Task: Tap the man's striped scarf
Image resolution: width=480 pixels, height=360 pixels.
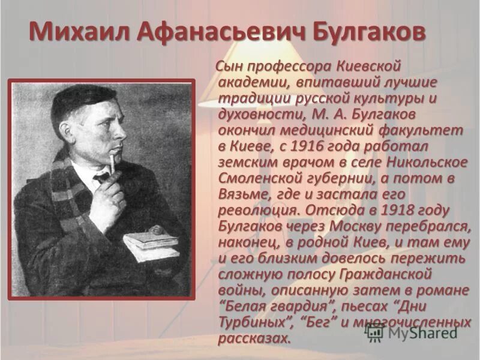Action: (63, 192)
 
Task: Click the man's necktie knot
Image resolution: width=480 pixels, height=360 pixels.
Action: (101, 178)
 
